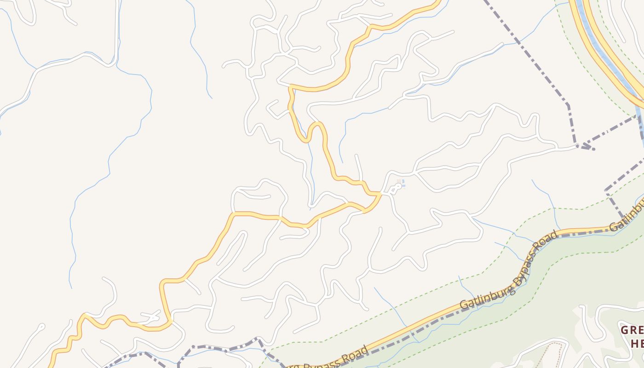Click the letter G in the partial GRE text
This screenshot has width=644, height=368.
624,330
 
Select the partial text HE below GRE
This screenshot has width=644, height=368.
637,343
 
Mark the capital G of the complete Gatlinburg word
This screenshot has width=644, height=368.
464,305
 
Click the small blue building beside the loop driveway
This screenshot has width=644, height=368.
402,184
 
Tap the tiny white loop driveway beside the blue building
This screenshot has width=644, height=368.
394,189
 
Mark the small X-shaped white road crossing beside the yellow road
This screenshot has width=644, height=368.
152,316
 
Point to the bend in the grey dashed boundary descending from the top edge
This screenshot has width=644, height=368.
568,105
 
